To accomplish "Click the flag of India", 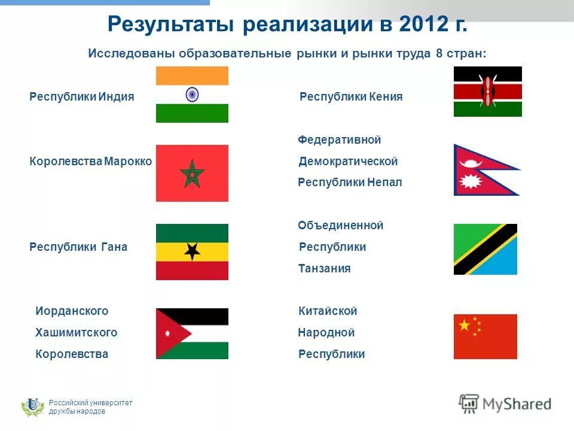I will [x=192, y=95].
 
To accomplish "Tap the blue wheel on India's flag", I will [x=192, y=94].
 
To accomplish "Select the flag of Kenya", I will [x=487, y=92].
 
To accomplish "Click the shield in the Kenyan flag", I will [x=487, y=92].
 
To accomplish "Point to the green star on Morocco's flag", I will [x=192, y=173].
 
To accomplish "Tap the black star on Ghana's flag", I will [x=191, y=251].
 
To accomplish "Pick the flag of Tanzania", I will [x=485, y=249].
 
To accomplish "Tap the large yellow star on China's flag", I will [x=465, y=325].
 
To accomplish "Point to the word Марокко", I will [x=128, y=161].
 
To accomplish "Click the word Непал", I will [x=384, y=183].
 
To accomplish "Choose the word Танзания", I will [x=324, y=269].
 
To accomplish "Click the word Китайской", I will [x=327, y=311].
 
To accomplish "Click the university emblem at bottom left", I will [x=32, y=406].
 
